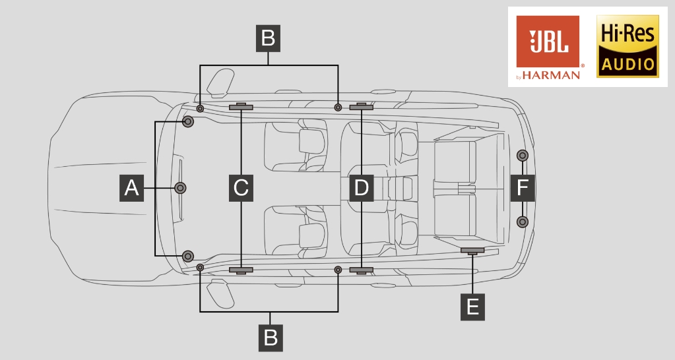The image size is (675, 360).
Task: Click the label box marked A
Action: point(131,188)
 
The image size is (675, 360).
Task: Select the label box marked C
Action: point(241,188)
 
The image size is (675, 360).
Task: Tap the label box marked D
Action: point(361,188)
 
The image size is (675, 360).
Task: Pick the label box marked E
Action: point(472,307)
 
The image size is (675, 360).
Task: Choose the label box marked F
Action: point(523,188)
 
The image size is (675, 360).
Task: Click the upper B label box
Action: point(268,38)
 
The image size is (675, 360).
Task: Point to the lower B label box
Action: point(271,338)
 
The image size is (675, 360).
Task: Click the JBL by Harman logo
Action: point(548,47)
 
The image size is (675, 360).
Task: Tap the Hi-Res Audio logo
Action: point(627,46)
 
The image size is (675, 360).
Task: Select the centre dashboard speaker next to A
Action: point(180,188)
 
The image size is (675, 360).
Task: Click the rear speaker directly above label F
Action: point(522,155)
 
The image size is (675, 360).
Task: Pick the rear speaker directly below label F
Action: point(522,222)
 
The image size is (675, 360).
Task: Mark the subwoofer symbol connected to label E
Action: point(472,251)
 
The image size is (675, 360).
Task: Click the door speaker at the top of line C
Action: point(241,107)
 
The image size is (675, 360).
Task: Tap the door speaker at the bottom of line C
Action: point(241,270)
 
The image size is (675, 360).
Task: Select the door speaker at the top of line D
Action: point(361,107)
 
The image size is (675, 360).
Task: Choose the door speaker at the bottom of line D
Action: point(361,270)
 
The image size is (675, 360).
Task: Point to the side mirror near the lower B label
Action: point(220,294)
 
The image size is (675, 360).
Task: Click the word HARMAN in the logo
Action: point(552,75)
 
